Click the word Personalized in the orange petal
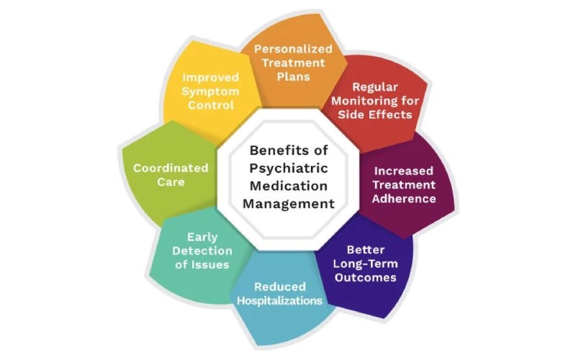(293, 49)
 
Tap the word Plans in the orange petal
(294, 76)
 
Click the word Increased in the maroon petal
(404, 171)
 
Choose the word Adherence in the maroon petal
(404, 199)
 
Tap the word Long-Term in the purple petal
(366, 264)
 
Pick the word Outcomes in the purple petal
(366, 277)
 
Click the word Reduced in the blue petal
(280, 287)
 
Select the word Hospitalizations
(280, 300)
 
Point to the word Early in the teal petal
(202, 238)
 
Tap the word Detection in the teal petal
(202, 251)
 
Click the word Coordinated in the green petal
(171, 168)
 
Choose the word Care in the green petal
(171, 182)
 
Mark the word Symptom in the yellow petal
(210, 91)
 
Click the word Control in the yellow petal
(211, 105)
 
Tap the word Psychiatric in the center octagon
(289, 168)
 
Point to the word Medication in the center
(289, 186)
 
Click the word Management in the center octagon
(289, 204)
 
